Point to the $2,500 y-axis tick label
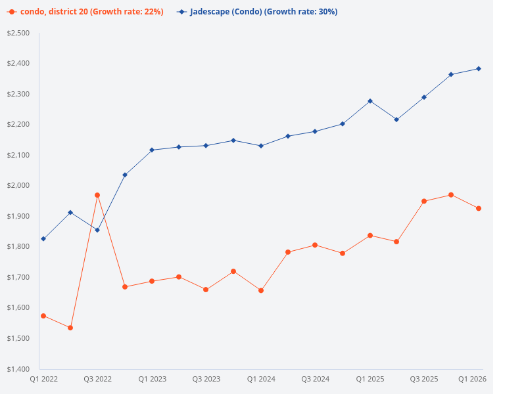18,33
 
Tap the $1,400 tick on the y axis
18,369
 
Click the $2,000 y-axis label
18,186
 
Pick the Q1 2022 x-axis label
44,379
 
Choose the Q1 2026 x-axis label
472,379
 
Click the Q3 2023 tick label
206,379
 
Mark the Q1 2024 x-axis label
261,379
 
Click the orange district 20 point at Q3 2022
97,195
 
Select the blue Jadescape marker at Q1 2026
479,68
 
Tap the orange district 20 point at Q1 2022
43,316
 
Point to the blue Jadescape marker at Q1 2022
43,239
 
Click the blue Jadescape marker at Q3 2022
97,230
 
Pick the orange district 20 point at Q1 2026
479,209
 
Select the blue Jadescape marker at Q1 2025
370,101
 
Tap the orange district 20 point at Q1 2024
261,290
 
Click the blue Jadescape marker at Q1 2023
152,150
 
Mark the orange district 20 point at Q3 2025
424,201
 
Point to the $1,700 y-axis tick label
18,277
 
